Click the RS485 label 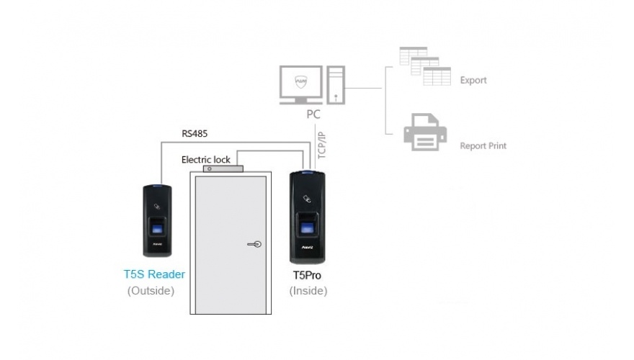(196, 133)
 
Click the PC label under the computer (313, 114)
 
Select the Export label (473, 80)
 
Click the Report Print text (483, 145)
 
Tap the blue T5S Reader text (154, 275)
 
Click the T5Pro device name (308, 275)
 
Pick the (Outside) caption (151, 291)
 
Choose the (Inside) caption (308, 291)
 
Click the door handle (254, 244)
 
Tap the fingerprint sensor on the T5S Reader (156, 229)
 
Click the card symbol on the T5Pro (308, 196)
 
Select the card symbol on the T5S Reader (156, 205)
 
